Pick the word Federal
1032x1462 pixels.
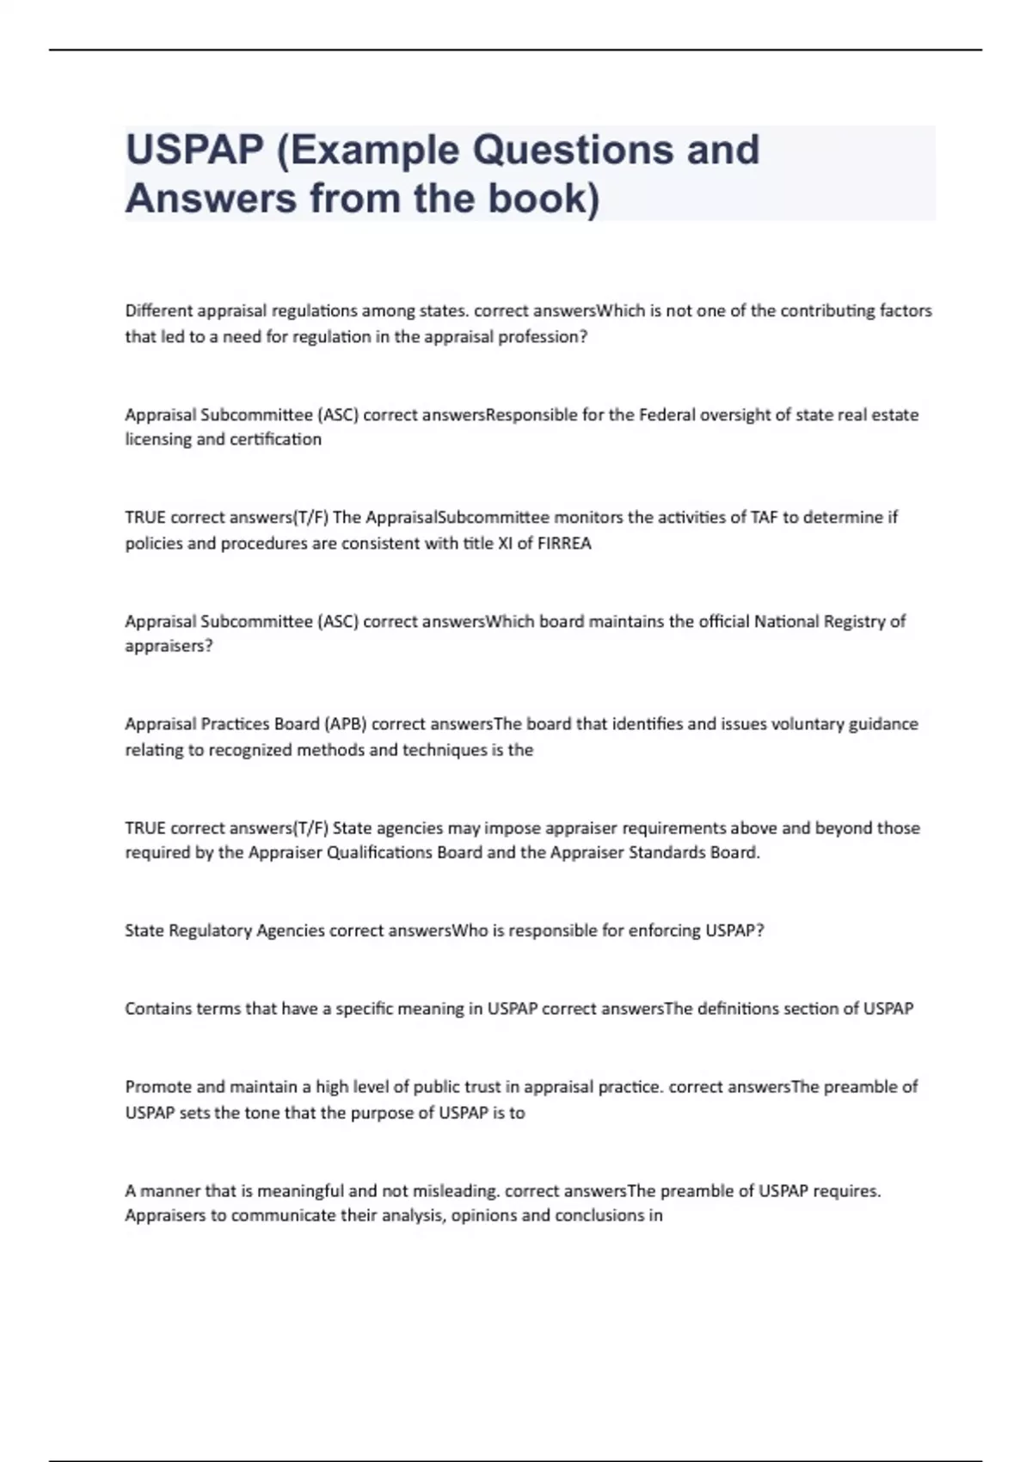pos(666,415)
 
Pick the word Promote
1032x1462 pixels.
pos(158,1087)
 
